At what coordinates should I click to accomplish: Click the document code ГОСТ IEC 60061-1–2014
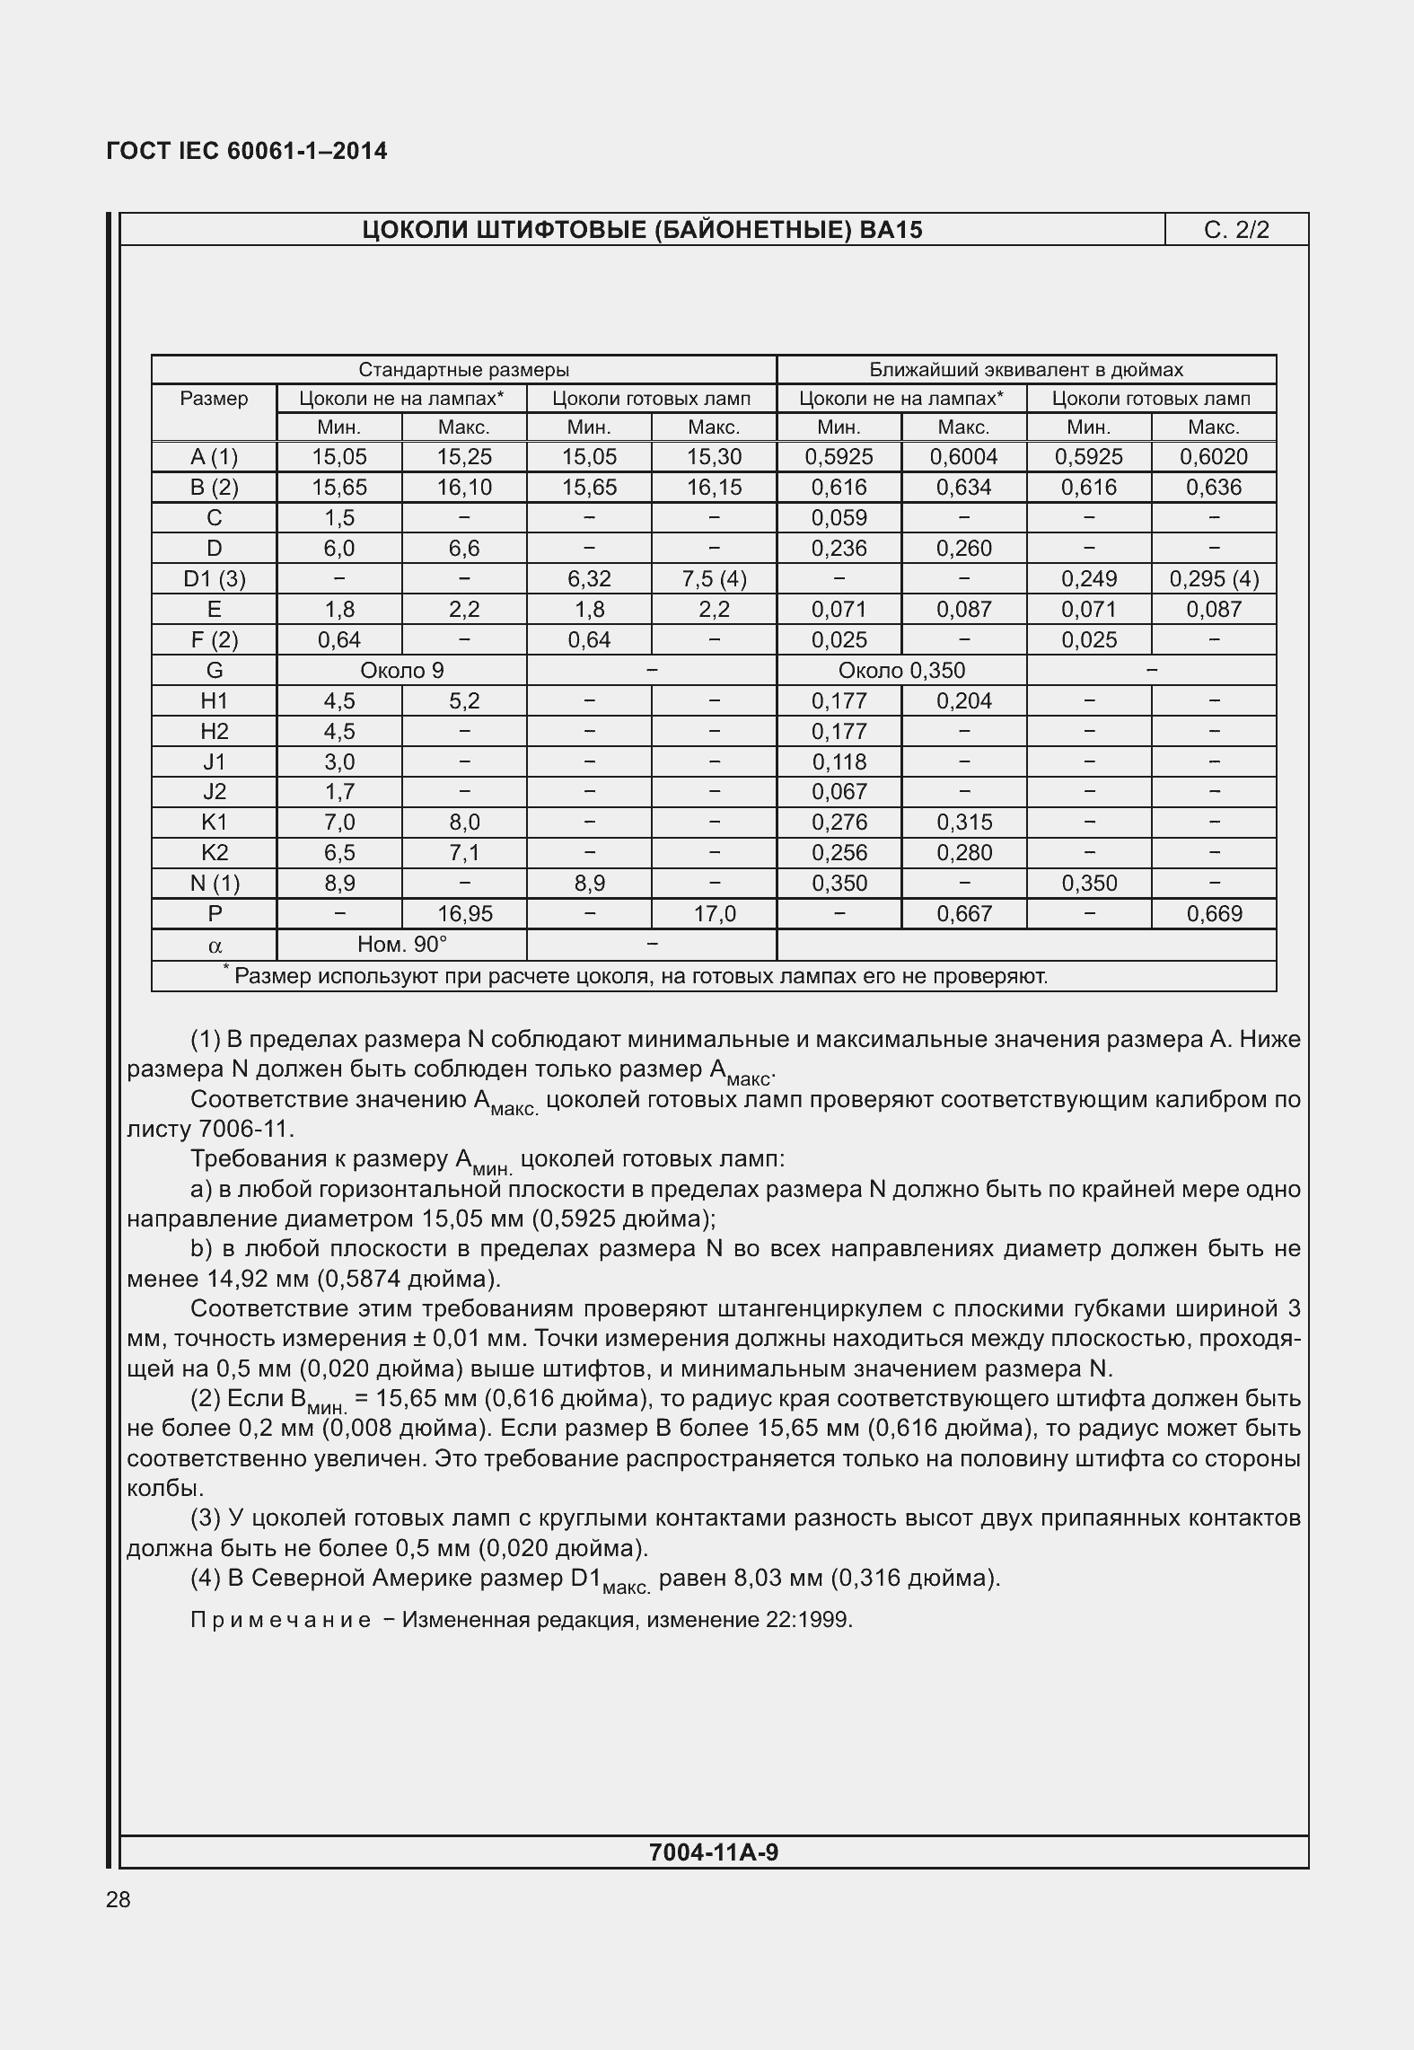point(247,151)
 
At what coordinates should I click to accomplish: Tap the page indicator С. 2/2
point(1236,230)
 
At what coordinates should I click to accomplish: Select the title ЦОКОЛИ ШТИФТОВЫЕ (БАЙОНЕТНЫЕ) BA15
point(642,230)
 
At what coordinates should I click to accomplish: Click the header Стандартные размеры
point(463,370)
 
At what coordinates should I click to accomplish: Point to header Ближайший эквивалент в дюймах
point(1025,370)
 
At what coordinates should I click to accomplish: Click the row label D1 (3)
point(214,579)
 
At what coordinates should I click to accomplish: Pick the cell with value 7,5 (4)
point(714,579)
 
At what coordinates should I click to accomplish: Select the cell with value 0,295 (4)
point(1213,579)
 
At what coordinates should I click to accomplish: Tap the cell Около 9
point(401,671)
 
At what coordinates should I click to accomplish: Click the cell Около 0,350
point(900,671)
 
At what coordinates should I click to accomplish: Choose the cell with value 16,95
point(464,914)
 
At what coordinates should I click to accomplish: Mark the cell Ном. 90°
point(401,945)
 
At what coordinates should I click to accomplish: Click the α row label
point(214,946)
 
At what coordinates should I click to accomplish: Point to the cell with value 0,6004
point(963,457)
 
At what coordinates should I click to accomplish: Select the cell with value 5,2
point(464,701)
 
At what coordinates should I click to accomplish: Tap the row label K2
point(214,853)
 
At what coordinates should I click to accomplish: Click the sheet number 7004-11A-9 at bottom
point(713,1852)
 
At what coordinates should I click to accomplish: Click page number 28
point(119,1899)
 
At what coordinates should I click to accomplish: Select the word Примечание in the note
point(280,1621)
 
